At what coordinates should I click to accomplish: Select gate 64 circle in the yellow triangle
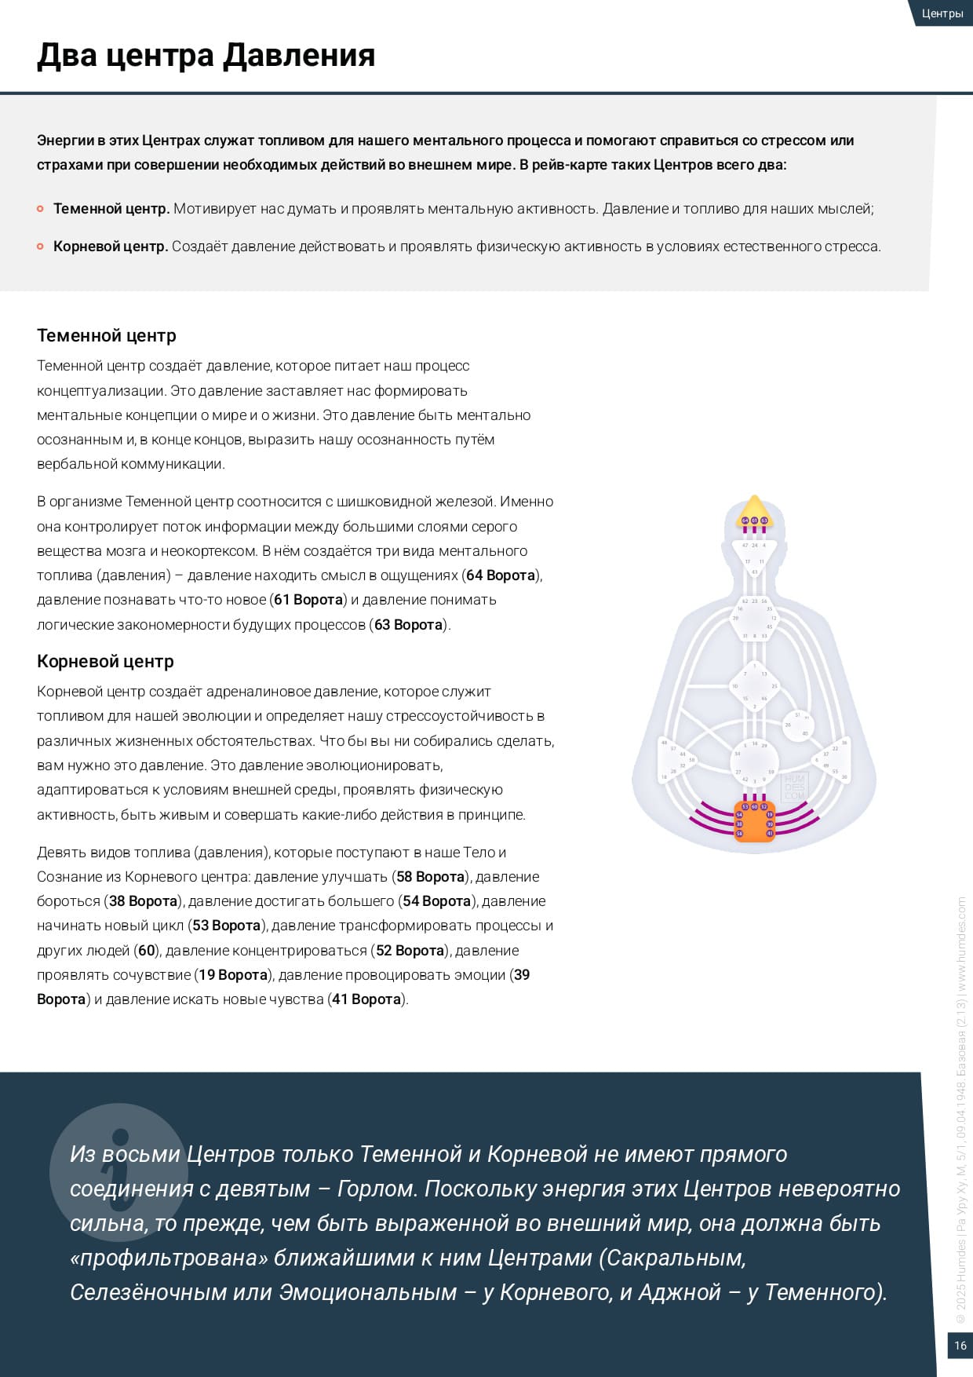(745, 520)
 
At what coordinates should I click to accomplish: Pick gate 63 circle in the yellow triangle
(763, 520)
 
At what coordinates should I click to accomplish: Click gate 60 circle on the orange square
(754, 807)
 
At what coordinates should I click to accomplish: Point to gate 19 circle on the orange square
(770, 815)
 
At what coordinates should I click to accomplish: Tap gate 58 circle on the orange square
(739, 833)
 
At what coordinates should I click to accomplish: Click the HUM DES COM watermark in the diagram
(795, 787)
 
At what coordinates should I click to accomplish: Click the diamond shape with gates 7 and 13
(753, 685)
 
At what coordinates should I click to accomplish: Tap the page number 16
(960, 1346)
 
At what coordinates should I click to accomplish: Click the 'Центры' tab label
(942, 13)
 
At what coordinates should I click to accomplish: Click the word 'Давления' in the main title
(299, 56)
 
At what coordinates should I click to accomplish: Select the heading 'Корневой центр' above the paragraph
(105, 661)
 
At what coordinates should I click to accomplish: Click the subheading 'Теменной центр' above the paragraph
(107, 335)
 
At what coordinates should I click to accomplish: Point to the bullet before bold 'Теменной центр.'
(40, 209)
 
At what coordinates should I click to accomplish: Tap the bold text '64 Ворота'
(500, 575)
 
